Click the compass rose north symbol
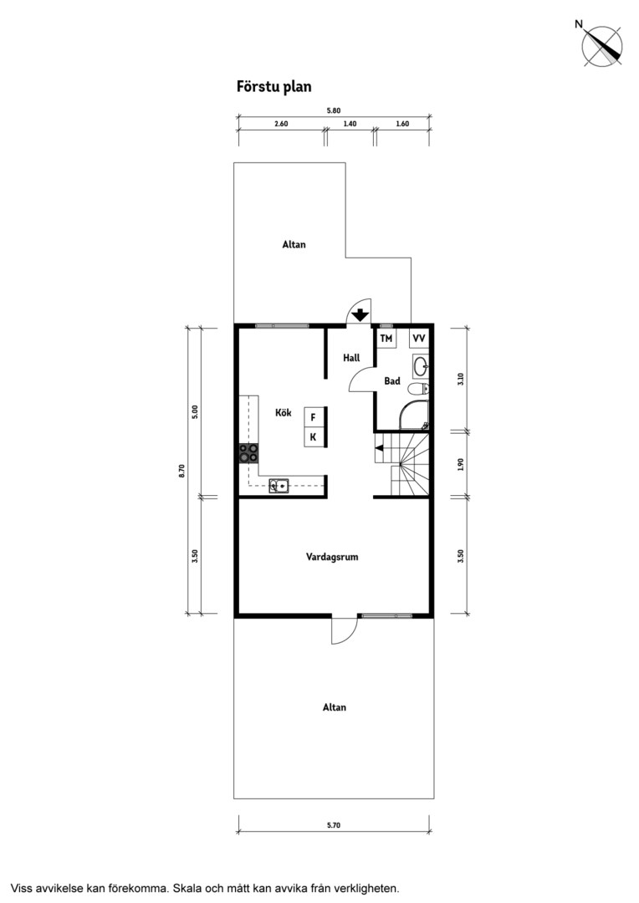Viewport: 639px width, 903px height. (601, 46)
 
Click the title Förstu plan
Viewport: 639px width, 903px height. (273, 86)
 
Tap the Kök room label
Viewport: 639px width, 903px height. (283, 412)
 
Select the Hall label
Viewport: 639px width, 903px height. (351, 358)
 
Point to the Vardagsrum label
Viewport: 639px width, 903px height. (332, 557)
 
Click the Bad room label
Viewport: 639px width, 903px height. (391, 380)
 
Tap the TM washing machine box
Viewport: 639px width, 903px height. (386, 338)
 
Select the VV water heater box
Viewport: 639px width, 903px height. (419, 338)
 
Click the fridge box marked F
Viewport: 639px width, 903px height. (314, 417)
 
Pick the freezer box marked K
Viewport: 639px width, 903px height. (314, 437)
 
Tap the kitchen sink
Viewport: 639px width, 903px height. (279, 487)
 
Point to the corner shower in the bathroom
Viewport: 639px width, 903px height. (414, 416)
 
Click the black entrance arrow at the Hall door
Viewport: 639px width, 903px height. (360, 315)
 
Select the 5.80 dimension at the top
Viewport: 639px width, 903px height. (334, 110)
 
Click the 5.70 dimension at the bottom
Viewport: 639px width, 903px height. (334, 825)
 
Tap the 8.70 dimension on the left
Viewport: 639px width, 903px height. (182, 471)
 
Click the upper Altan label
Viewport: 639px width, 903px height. (294, 244)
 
